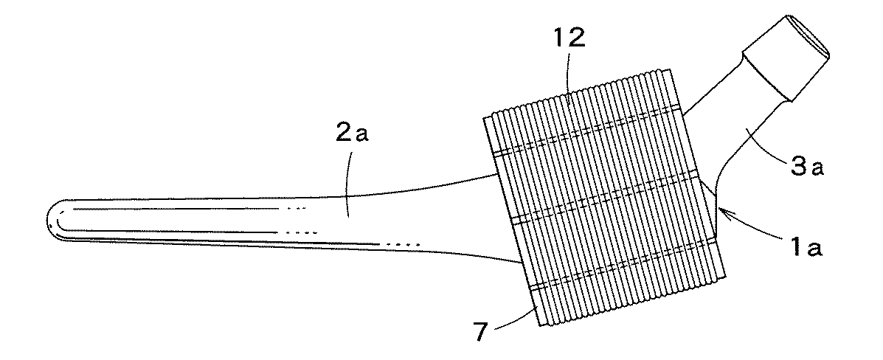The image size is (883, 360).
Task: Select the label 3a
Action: [808, 168]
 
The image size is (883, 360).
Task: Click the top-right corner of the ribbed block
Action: [671, 70]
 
